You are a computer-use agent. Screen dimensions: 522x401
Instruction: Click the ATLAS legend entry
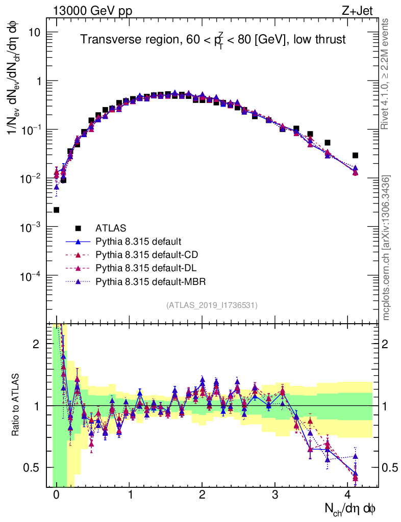tap(110, 228)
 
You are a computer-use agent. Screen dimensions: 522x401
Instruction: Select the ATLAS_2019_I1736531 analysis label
tap(212, 305)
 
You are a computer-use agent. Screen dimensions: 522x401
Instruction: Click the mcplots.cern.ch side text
tap(386, 248)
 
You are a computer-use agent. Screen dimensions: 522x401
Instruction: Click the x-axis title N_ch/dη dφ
tap(351, 508)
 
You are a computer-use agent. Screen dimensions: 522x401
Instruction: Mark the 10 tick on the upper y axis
tap(39, 32)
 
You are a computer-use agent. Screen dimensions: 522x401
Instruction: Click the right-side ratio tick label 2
tap(387, 344)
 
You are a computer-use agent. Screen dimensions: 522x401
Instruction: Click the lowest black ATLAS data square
tap(56, 210)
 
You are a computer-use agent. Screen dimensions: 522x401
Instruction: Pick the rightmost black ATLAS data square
tap(355, 155)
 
